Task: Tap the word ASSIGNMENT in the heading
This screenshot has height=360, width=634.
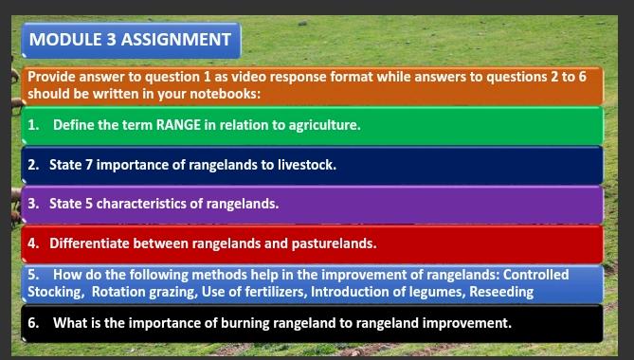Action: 176,40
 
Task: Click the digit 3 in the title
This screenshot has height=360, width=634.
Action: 112,40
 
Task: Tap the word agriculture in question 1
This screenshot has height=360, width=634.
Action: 324,125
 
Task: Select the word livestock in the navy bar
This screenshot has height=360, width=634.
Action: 307,165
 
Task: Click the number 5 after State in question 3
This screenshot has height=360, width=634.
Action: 89,204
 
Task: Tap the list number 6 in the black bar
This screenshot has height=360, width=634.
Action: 33,323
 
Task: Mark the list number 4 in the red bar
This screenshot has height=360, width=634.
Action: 33,243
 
